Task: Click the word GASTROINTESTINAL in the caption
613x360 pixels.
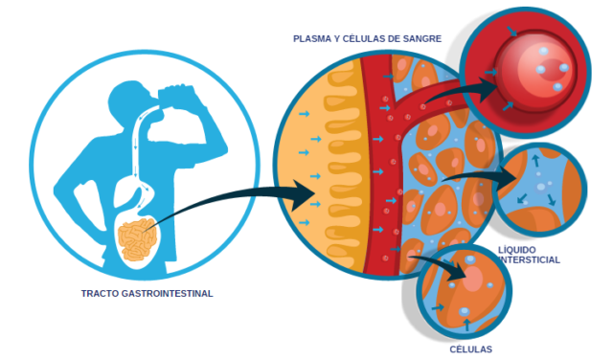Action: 168,294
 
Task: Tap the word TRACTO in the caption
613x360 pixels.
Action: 100,294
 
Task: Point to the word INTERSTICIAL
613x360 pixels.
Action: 530,259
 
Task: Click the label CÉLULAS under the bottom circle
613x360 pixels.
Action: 470,349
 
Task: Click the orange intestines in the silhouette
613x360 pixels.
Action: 137,239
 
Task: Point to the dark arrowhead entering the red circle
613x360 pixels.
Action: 488,89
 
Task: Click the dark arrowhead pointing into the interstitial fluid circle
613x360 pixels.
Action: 508,178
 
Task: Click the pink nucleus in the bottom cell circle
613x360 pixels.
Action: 473,278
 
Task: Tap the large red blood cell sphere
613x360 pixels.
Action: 536,72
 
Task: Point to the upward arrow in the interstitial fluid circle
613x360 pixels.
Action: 535,160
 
